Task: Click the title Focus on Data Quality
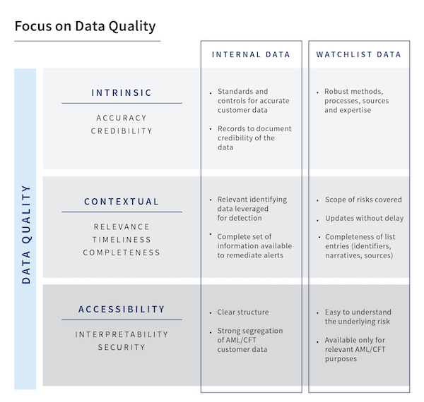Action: [x=85, y=27]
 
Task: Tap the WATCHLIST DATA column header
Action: [x=358, y=54]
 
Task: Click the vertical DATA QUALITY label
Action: [x=26, y=233]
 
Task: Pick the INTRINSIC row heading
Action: [x=122, y=92]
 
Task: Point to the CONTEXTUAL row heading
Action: [x=122, y=201]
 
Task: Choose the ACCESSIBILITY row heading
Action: [x=122, y=309]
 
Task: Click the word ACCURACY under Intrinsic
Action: [x=122, y=118]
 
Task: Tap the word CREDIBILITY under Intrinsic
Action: [x=122, y=131]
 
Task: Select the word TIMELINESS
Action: [x=122, y=240]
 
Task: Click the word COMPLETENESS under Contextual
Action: [x=122, y=252]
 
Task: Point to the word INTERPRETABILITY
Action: [x=122, y=334]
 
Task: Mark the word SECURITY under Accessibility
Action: [x=122, y=347]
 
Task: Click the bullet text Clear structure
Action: [x=242, y=312]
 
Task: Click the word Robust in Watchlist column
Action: [x=338, y=92]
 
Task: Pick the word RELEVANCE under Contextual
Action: [x=122, y=226]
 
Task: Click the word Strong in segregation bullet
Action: [x=230, y=331]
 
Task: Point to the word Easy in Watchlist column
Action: [x=334, y=312]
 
